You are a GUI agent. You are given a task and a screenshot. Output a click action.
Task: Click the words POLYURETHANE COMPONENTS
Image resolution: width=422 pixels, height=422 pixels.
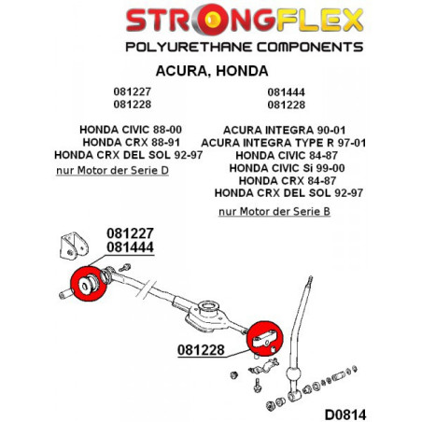click(x=245, y=47)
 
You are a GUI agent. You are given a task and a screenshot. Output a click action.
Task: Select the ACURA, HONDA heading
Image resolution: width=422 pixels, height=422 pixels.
click(x=212, y=71)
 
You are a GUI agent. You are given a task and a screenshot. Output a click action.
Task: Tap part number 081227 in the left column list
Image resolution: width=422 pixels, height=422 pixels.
click(x=133, y=91)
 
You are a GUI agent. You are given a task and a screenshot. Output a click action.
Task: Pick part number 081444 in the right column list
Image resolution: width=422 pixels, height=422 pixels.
click(x=287, y=92)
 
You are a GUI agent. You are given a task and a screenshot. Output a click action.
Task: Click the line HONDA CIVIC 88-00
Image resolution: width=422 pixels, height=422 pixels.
click(x=131, y=130)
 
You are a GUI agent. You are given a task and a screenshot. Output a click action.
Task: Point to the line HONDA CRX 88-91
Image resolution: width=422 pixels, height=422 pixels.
click(x=132, y=142)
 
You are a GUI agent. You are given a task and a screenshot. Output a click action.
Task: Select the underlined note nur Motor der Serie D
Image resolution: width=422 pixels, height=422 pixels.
click(x=112, y=170)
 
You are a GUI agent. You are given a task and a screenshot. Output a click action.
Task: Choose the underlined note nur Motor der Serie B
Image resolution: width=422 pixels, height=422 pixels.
click(x=274, y=211)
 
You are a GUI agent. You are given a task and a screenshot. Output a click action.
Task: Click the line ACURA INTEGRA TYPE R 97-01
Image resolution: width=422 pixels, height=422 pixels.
click(x=284, y=143)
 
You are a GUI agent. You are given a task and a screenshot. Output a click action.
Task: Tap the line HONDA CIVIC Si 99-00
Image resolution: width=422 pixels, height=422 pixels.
click(x=287, y=168)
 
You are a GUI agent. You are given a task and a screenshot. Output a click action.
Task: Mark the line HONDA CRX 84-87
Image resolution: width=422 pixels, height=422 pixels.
click(x=288, y=180)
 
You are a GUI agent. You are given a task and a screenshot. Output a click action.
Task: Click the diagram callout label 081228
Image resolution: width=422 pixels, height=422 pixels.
click(x=201, y=350)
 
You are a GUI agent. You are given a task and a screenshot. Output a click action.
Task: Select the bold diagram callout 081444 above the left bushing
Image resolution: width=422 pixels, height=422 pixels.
click(x=130, y=247)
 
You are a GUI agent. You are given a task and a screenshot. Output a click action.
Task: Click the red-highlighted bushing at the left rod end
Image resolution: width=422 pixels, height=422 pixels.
click(x=89, y=284)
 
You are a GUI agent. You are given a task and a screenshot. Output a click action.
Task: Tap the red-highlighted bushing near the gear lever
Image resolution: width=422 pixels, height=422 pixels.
click(x=264, y=339)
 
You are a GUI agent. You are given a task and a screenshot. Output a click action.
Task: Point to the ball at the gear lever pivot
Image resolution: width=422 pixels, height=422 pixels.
click(x=293, y=373)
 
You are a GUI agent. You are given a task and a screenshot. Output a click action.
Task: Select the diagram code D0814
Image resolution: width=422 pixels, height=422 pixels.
click(x=345, y=415)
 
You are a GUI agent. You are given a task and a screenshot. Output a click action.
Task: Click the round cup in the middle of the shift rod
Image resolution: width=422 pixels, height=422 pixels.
click(x=208, y=309)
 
